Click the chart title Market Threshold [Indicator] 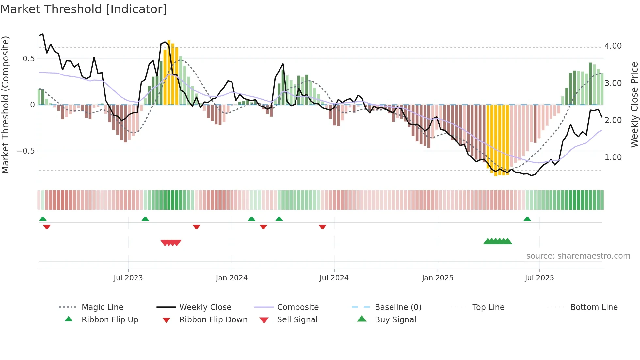84,9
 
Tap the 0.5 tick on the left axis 28,59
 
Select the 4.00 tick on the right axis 613,46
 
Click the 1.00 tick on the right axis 613,157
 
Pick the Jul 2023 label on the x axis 128,278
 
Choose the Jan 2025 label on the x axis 437,278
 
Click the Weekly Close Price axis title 634,105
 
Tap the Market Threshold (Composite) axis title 5,105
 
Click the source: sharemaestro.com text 578,256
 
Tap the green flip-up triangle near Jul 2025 527,219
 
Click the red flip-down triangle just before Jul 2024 322,227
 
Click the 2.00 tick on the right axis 613,120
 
